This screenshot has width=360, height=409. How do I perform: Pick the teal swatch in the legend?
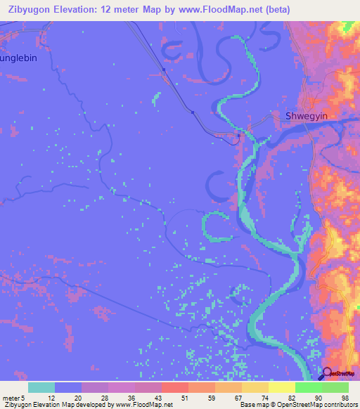click(x=41, y=387)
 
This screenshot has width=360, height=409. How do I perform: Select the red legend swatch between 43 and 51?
click(x=174, y=387)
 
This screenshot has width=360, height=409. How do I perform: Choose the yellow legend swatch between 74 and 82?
click(x=281, y=387)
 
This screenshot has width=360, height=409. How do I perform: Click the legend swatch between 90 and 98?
click(x=335, y=387)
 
